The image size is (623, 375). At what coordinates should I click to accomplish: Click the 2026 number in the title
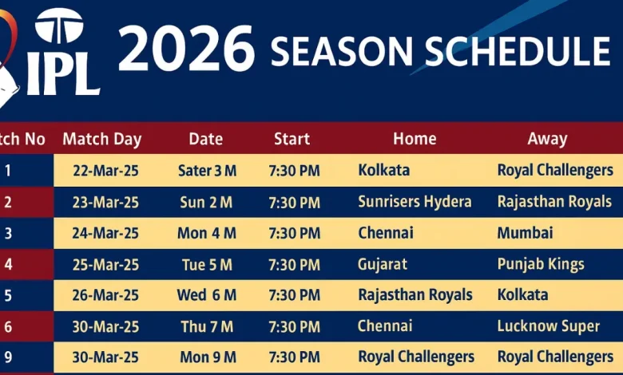185,49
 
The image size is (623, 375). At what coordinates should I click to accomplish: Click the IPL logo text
63,75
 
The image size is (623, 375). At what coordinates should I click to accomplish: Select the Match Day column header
101,139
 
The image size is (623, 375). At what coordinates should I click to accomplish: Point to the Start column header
292,139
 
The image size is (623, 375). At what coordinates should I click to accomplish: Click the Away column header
547,139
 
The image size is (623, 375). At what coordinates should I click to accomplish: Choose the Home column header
415,139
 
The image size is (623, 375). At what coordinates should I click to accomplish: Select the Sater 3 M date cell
207,171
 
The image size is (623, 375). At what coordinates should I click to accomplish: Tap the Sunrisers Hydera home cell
415,202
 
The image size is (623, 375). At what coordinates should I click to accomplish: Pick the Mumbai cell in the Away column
525,233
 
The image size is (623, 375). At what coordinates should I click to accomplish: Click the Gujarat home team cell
383,264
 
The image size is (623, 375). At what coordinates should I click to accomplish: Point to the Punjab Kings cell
541,264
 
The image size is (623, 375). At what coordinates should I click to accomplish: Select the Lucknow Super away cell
548,326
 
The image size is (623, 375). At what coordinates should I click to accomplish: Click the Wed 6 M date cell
207,295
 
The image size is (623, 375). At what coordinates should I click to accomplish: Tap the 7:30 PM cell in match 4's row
294,264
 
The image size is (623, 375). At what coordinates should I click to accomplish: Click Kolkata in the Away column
522,295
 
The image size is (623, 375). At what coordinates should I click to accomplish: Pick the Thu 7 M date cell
206,326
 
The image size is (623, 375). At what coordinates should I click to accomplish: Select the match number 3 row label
8,233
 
